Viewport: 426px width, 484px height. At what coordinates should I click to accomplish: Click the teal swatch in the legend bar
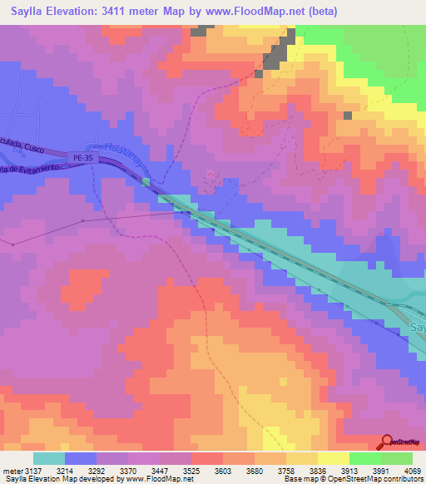point(48,458)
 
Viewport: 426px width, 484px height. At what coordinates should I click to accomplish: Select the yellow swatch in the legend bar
point(333,458)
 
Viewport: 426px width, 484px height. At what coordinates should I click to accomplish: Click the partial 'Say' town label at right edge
point(418,328)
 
